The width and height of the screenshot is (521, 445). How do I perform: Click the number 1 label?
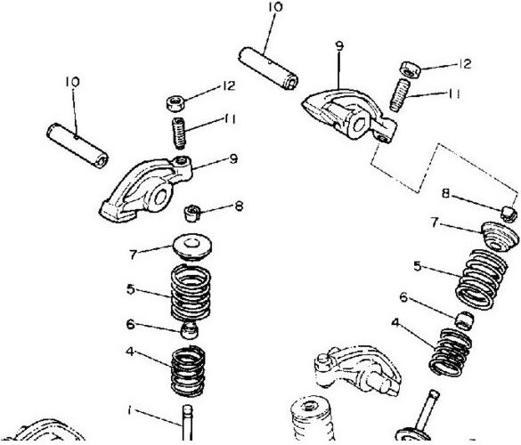(129, 410)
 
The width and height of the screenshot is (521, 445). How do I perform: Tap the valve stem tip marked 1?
(187, 408)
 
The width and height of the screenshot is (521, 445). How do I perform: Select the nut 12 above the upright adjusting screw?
(175, 103)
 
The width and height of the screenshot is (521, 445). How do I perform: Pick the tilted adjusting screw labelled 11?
(399, 95)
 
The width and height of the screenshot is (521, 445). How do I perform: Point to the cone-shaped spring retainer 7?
(500, 236)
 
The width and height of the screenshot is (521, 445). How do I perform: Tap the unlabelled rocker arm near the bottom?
(358, 369)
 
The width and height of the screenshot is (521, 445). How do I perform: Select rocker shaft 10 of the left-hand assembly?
(77, 145)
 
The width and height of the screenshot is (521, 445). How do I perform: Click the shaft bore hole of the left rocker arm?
(160, 198)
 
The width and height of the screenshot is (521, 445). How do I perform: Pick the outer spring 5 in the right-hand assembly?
(482, 279)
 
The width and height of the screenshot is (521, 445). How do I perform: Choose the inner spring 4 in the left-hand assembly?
(188, 371)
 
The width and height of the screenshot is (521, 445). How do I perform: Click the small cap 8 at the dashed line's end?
(509, 214)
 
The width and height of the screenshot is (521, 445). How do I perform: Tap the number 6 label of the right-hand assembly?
(403, 297)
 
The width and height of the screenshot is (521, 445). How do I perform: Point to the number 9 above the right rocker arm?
(339, 46)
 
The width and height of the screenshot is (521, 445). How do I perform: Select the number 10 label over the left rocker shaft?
(73, 82)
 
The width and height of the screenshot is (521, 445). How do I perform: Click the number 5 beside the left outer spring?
(131, 289)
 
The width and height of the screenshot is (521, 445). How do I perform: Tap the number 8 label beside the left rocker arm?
(239, 206)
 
